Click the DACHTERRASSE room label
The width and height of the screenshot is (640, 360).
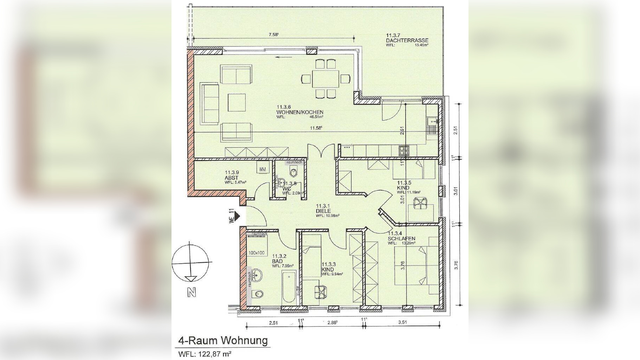(x=407, y=40)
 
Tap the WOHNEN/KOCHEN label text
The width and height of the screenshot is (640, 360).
(x=299, y=112)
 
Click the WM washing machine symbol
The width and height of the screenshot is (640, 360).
(x=263, y=169)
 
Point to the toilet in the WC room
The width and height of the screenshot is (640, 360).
(x=293, y=172)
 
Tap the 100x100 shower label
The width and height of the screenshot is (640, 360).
(x=256, y=253)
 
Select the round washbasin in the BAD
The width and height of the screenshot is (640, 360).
(x=257, y=275)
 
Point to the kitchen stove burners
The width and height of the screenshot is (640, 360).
(x=403, y=151)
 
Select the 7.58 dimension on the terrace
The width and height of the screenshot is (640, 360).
(x=273, y=34)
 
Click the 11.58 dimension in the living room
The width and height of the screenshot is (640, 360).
(x=316, y=128)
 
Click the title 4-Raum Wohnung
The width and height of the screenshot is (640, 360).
(x=223, y=341)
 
